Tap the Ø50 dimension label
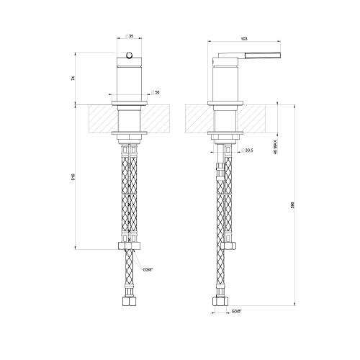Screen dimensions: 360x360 (156, 93)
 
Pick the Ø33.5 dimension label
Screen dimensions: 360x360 (247, 150)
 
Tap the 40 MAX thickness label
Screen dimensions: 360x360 (274, 147)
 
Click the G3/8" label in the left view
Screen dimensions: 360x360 (148, 269)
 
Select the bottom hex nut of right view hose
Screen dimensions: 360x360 (220, 299)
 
